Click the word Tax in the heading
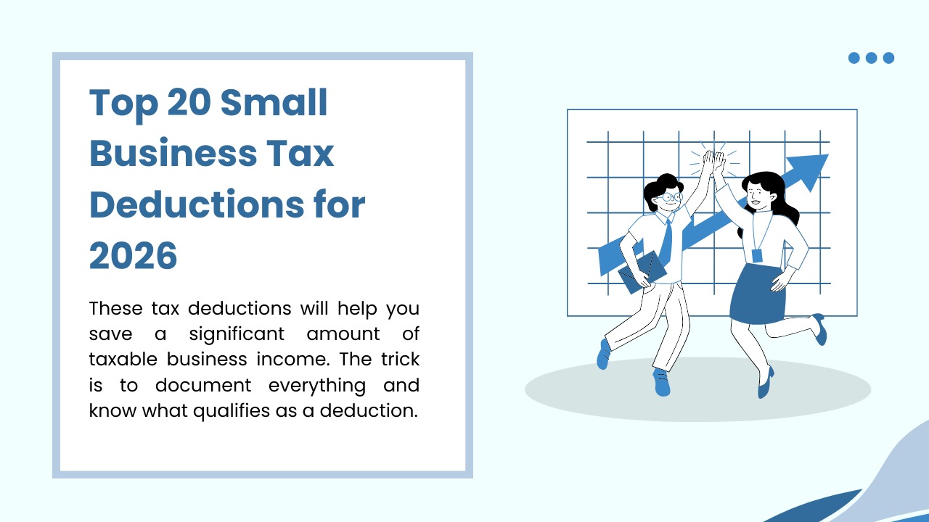coord(300,154)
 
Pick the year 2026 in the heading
coord(134,255)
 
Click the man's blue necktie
coord(666,239)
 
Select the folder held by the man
coord(642,272)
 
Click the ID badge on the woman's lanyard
coord(757,255)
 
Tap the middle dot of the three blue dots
coord(871,58)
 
